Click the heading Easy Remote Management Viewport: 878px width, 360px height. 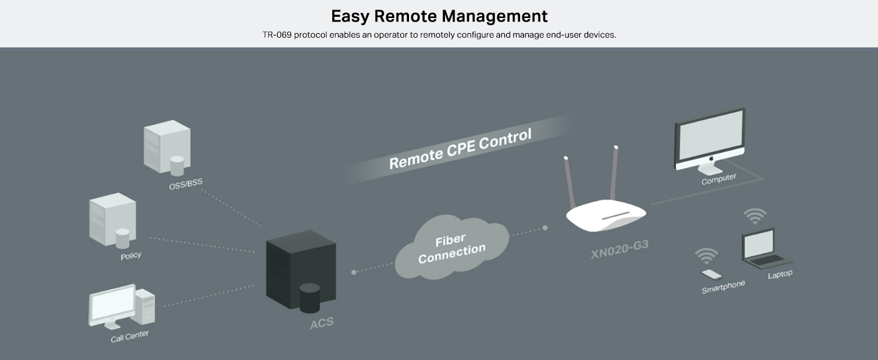[x=439, y=16]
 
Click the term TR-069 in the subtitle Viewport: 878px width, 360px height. [x=276, y=35]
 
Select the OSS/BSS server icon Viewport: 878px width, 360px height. [x=167, y=146]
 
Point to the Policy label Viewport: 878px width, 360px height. [x=131, y=256]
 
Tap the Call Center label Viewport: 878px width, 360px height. [x=130, y=336]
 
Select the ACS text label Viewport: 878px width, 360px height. [x=321, y=324]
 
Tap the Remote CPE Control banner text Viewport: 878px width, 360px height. [x=460, y=149]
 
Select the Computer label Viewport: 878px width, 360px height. [x=718, y=179]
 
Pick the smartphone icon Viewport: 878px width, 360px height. [x=712, y=274]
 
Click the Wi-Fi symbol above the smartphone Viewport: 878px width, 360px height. [x=706, y=256]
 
